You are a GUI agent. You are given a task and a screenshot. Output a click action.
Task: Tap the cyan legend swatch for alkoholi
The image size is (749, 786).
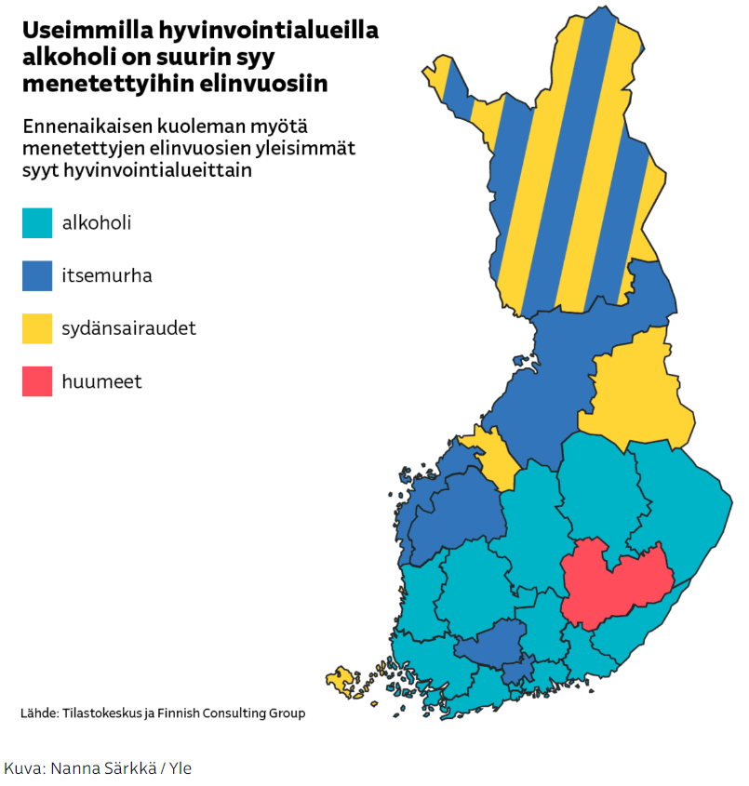pyautogui.click(x=37, y=223)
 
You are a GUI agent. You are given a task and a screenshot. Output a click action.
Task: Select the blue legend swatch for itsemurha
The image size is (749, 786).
pyautogui.click(x=37, y=276)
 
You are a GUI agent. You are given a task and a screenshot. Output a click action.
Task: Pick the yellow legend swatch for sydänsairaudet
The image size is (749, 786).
pyautogui.click(x=37, y=328)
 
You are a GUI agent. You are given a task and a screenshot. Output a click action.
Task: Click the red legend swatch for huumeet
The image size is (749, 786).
pyautogui.click(x=37, y=381)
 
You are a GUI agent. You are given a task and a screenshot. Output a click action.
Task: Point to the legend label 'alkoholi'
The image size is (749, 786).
pyautogui.click(x=97, y=223)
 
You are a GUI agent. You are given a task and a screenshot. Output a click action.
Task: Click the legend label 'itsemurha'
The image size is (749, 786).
pyautogui.click(x=107, y=276)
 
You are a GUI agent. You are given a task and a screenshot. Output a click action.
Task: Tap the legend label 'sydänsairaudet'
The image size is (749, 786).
pyautogui.click(x=129, y=328)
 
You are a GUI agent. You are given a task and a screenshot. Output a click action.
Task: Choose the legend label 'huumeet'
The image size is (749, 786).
pyautogui.click(x=102, y=381)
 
